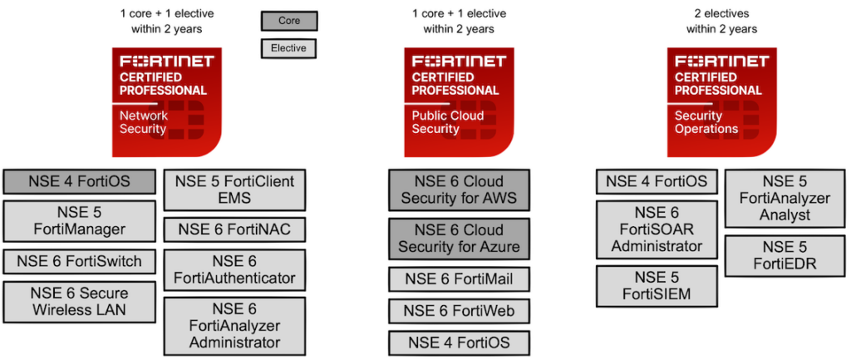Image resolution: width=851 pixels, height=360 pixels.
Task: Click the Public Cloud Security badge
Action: (459, 101)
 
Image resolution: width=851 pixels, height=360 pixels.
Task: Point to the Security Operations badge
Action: (721, 101)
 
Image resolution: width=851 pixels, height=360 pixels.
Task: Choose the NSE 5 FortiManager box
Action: (80, 220)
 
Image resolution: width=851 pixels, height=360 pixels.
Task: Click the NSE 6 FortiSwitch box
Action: (80, 261)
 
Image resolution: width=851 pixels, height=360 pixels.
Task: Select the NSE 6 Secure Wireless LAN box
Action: (80, 302)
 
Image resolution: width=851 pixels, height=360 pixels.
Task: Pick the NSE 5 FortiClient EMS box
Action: (234, 190)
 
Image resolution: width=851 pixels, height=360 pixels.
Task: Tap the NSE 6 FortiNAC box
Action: (234, 229)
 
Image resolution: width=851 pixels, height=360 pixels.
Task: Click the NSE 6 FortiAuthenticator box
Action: (234, 269)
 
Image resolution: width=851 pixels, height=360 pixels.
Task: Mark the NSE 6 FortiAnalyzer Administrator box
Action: (234, 325)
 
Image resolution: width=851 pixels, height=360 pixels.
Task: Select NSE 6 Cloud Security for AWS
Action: (459, 190)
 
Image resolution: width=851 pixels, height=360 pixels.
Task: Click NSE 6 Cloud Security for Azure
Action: (459, 238)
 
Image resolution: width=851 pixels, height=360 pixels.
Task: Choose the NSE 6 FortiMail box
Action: (459, 279)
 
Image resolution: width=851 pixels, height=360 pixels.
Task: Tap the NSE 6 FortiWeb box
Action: (459, 311)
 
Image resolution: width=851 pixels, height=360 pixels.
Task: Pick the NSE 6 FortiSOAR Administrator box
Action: (657, 229)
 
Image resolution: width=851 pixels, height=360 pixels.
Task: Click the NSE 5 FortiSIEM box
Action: (657, 285)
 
